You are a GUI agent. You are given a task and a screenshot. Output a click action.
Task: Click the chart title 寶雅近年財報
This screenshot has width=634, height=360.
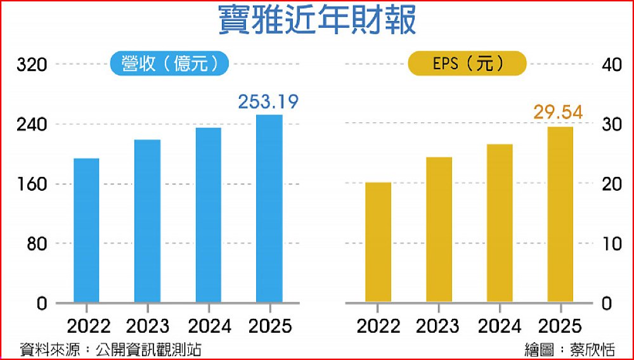[x=317, y=21]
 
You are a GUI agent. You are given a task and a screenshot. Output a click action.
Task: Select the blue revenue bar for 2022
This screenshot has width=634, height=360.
[x=86, y=230]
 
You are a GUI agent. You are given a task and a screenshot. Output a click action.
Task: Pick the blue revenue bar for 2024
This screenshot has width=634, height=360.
[x=208, y=215]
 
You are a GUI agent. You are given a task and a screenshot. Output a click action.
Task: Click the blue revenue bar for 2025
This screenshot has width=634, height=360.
[x=269, y=209]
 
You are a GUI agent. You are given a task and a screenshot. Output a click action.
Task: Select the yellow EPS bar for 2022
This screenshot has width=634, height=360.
[x=378, y=242]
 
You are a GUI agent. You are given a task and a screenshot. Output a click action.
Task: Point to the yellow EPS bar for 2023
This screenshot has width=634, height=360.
[x=439, y=229]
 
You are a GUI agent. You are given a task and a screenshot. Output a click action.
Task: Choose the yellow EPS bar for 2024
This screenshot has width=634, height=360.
[x=500, y=223]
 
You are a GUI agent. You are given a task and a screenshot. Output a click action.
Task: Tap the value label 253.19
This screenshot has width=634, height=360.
[x=268, y=101]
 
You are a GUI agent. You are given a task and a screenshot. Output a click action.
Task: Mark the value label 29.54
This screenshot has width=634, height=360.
[x=557, y=113]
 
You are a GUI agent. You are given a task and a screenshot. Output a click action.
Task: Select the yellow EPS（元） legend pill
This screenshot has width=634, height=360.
[x=467, y=63]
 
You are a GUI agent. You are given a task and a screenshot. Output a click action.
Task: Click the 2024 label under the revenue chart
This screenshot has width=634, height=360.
[x=209, y=326]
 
